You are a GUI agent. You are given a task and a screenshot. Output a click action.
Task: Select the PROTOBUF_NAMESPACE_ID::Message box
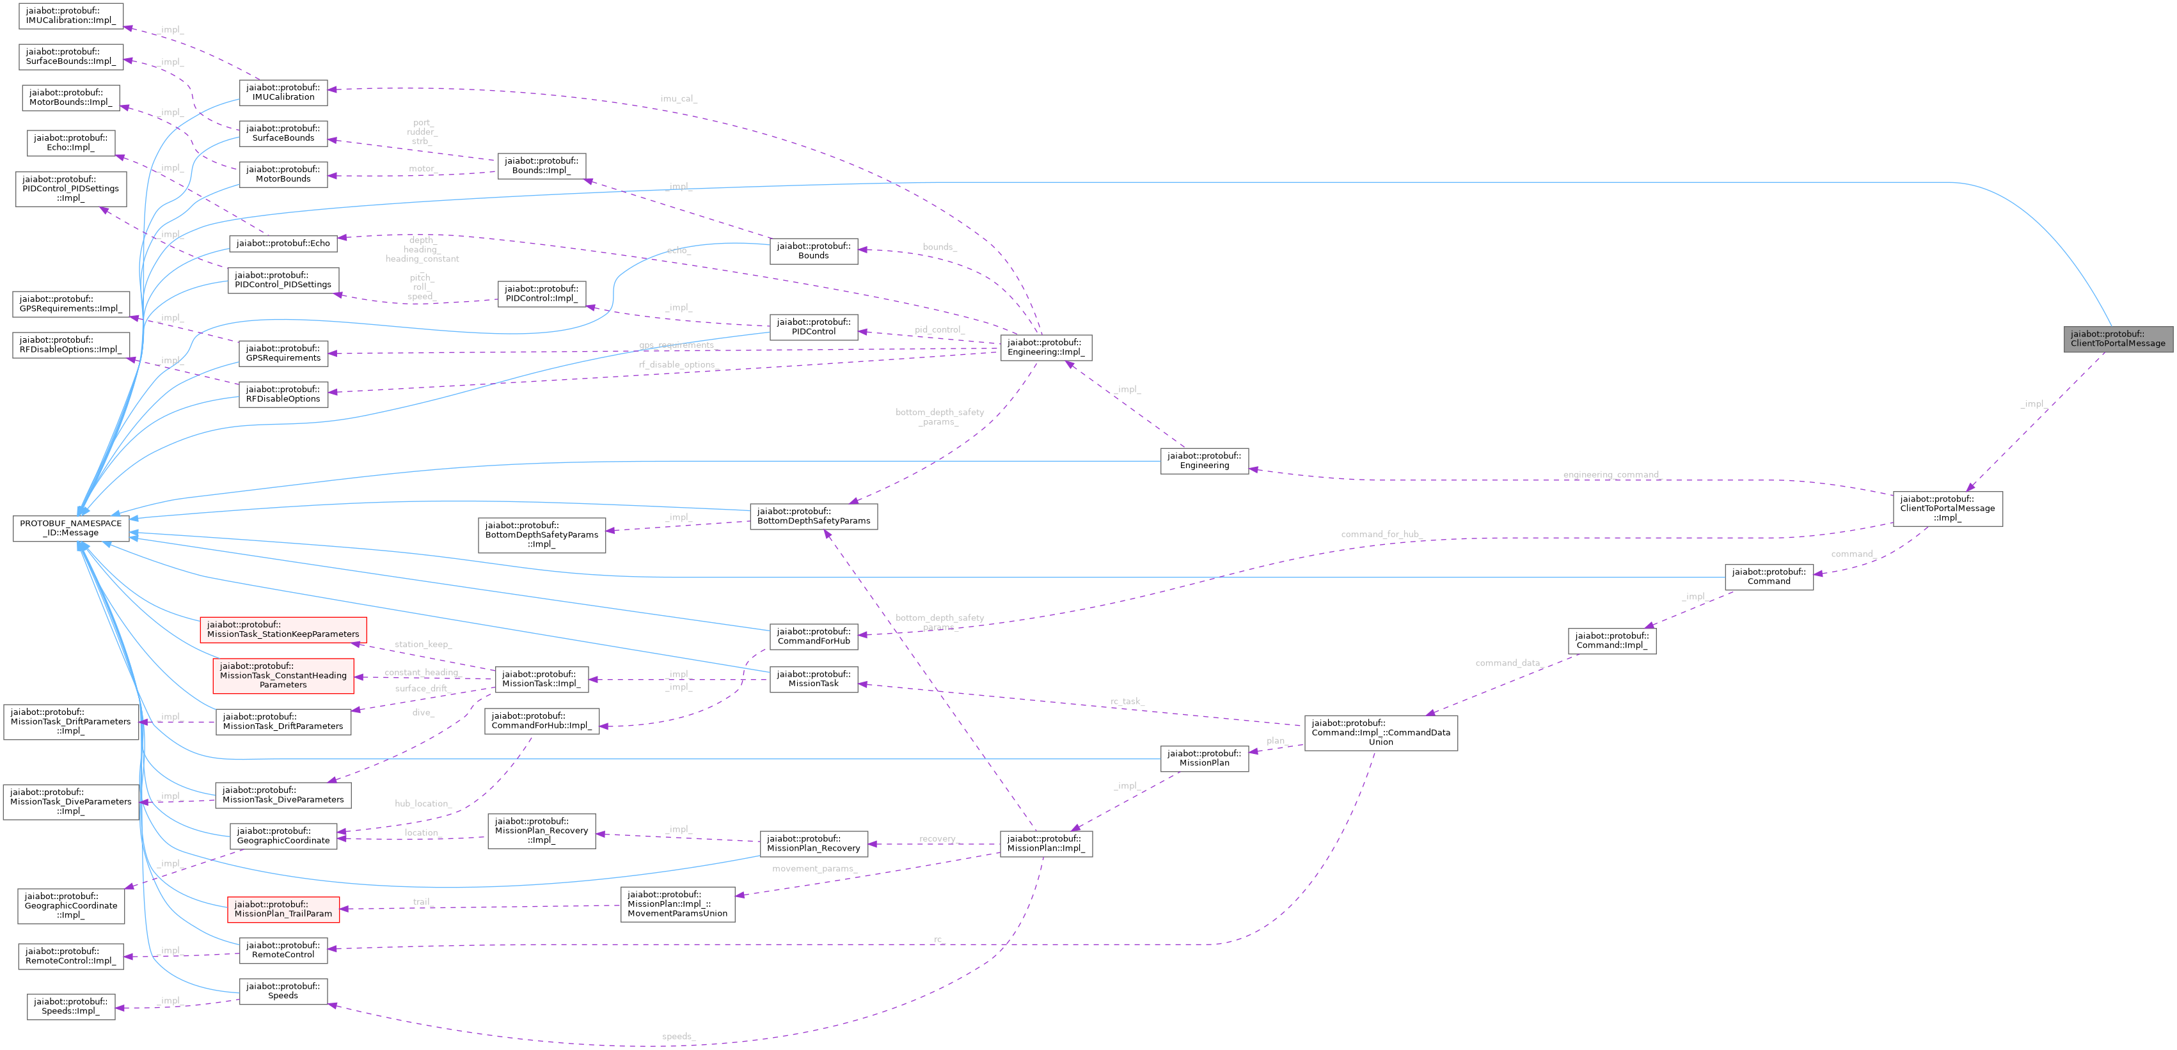(70, 528)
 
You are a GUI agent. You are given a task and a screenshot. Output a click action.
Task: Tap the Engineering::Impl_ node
(1045, 347)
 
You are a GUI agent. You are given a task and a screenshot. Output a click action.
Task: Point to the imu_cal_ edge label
(677, 99)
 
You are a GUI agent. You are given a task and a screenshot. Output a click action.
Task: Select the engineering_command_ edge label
(1611, 474)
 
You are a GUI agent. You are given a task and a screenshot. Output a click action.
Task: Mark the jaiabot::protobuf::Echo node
(283, 243)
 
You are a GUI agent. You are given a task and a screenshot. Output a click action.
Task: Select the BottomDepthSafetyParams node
(813, 516)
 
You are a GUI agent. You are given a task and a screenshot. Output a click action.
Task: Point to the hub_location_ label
(422, 803)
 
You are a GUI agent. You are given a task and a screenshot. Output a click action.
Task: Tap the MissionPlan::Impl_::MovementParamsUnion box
(677, 904)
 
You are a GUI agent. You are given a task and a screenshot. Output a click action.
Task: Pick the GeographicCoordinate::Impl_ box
(71, 905)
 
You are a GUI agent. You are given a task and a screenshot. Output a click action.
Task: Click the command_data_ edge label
(1508, 663)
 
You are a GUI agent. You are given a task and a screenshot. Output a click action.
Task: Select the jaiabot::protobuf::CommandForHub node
(813, 636)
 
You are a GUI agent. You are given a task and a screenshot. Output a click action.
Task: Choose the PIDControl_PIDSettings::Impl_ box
(71, 189)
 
